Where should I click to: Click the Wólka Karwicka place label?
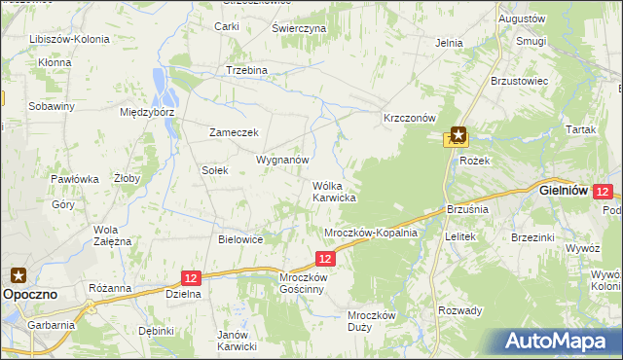pos(333,191)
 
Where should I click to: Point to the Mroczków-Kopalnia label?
pos(371,233)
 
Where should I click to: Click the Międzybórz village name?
pos(146,112)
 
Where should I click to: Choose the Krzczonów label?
pos(409,117)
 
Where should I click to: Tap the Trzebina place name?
pos(246,70)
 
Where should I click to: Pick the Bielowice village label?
pos(241,239)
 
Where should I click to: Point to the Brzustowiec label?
pos(521,81)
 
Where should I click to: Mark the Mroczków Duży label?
pos(371,320)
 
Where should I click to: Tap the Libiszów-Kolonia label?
pos(69,40)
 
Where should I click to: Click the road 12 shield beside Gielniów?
pos(603,193)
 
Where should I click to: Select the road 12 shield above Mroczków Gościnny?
pos(325,258)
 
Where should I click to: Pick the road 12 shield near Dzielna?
pos(191,277)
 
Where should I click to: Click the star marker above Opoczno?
pos(18,274)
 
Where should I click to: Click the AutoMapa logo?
pos(559,341)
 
